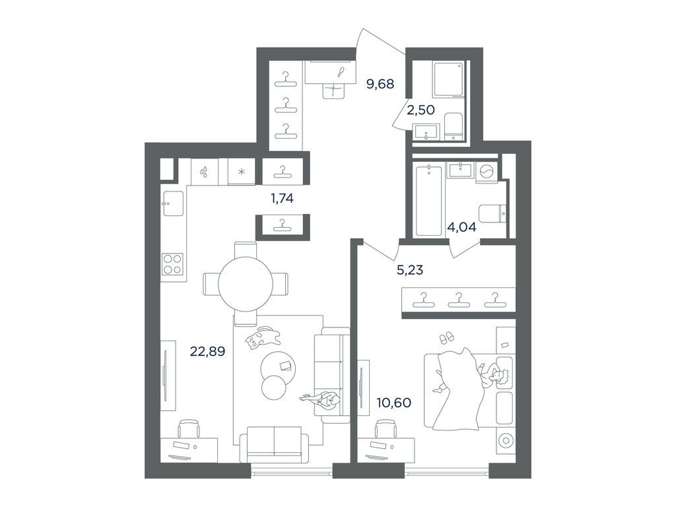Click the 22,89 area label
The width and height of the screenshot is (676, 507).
pyautogui.click(x=209, y=352)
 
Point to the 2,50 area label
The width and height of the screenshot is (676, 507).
pyautogui.click(x=421, y=110)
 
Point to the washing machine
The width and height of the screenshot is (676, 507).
pyautogui.click(x=486, y=172)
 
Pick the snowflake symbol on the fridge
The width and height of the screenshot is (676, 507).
pyautogui.click(x=242, y=172)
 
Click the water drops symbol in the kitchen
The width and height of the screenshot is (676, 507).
pyautogui.click(x=205, y=172)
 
